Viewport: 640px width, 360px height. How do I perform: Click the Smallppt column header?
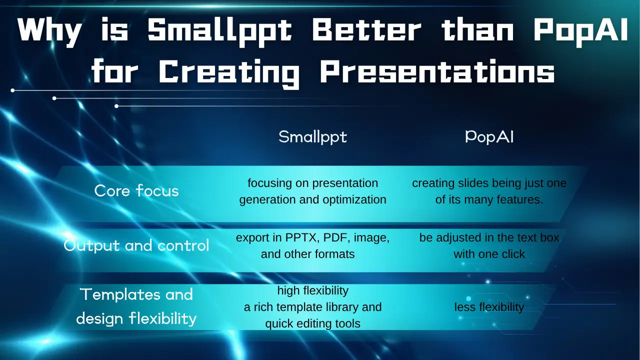(x=312, y=137)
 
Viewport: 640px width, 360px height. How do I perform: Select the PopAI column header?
(x=489, y=137)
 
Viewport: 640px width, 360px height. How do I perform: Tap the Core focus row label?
(x=136, y=190)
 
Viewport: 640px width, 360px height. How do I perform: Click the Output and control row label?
(x=136, y=245)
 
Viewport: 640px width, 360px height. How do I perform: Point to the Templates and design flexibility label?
(x=136, y=306)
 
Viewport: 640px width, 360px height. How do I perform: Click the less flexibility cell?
(x=489, y=307)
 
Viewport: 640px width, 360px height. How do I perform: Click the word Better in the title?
(x=366, y=30)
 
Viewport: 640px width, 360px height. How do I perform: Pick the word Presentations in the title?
(x=437, y=72)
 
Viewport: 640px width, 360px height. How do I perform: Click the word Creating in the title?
(x=229, y=73)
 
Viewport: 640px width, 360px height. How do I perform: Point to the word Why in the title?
(x=49, y=31)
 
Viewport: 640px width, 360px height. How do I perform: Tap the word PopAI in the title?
(x=580, y=31)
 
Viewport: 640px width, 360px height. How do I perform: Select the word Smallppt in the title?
(x=219, y=31)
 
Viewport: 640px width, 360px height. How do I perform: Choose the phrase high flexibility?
(x=313, y=290)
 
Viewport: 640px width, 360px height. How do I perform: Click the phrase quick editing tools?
(x=313, y=323)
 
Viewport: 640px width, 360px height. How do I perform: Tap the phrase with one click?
(x=489, y=254)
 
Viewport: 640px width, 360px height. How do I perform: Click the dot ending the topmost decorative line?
(x=12, y=90)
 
